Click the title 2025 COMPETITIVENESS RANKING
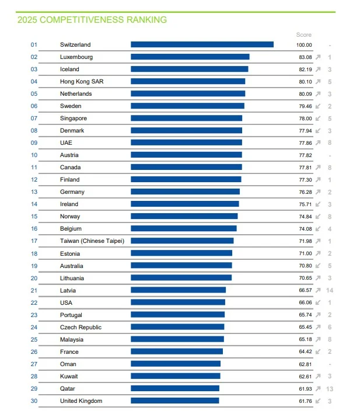pyautogui.click(x=92, y=20)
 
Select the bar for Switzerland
pyautogui.click(x=202, y=44)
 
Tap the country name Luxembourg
pyautogui.click(x=76, y=57)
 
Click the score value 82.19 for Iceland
pyautogui.click(x=305, y=69)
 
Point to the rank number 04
pyautogui.click(x=34, y=82)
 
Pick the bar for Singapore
pyautogui.click(x=186, y=119)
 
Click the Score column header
pyautogui.click(x=304, y=35)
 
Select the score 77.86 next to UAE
pyautogui.click(x=305, y=143)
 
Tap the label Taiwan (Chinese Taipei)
pyautogui.click(x=92, y=241)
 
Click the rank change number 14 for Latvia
pyautogui.click(x=330, y=290)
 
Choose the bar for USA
pyautogui.click(x=178, y=302)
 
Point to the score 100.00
pyautogui.click(x=304, y=45)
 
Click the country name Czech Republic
pyautogui.click(x=81, y=327)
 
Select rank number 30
pyautogui.click(x=34, y=401)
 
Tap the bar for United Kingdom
pyautogui.click(x=174, y=401)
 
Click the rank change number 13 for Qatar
pyautogui.click(x=330, y=388)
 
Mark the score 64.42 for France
pyautogui.click(x=305, y=352)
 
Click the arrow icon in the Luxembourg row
pyautogui.click(x=318, y=57)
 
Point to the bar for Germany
pyautogui.click(x=185, y=192)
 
